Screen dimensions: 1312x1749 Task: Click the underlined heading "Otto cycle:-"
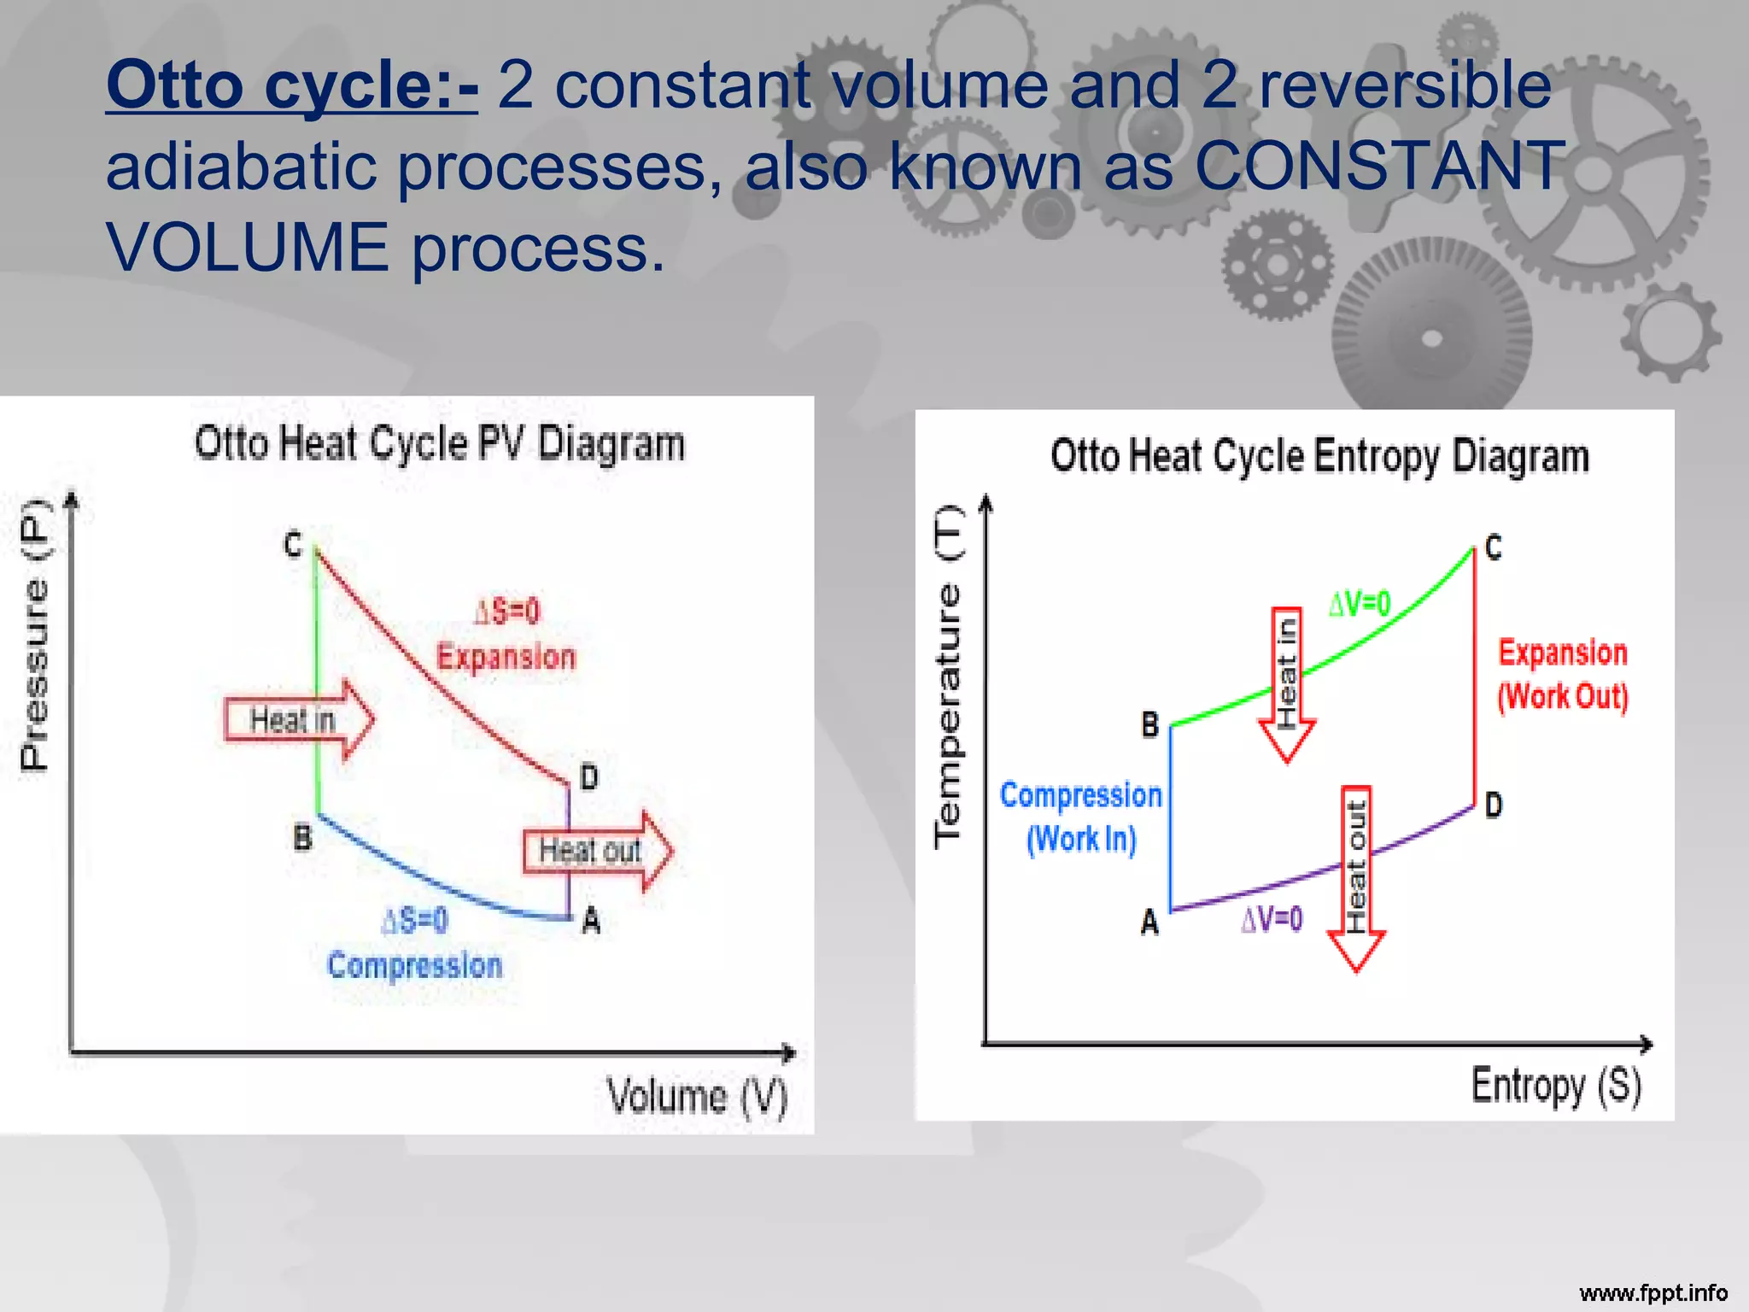point(292,85)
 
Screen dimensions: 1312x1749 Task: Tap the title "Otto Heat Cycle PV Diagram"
point(439,443)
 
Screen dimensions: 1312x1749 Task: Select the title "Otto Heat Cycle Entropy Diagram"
point(1319,455)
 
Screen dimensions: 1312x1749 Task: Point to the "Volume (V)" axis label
point(697,1096)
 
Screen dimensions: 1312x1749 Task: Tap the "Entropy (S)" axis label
point(1556,1086)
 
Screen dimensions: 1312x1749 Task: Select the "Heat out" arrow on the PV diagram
point(595,851)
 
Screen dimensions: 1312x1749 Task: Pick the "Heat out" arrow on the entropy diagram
point(1356,875)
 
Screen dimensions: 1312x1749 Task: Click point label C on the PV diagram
point(293,544)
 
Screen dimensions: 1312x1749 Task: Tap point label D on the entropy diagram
point(1493,805)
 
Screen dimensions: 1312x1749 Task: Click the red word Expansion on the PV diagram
point(506,657)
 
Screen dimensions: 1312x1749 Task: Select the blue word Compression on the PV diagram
point(415,965)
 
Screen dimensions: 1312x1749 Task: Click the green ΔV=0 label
point(1360,604)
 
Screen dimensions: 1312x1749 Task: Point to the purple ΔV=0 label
point(1272,919)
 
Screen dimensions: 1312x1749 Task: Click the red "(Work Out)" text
point(1562,696)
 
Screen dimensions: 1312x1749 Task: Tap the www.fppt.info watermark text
point(1652,1292)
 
